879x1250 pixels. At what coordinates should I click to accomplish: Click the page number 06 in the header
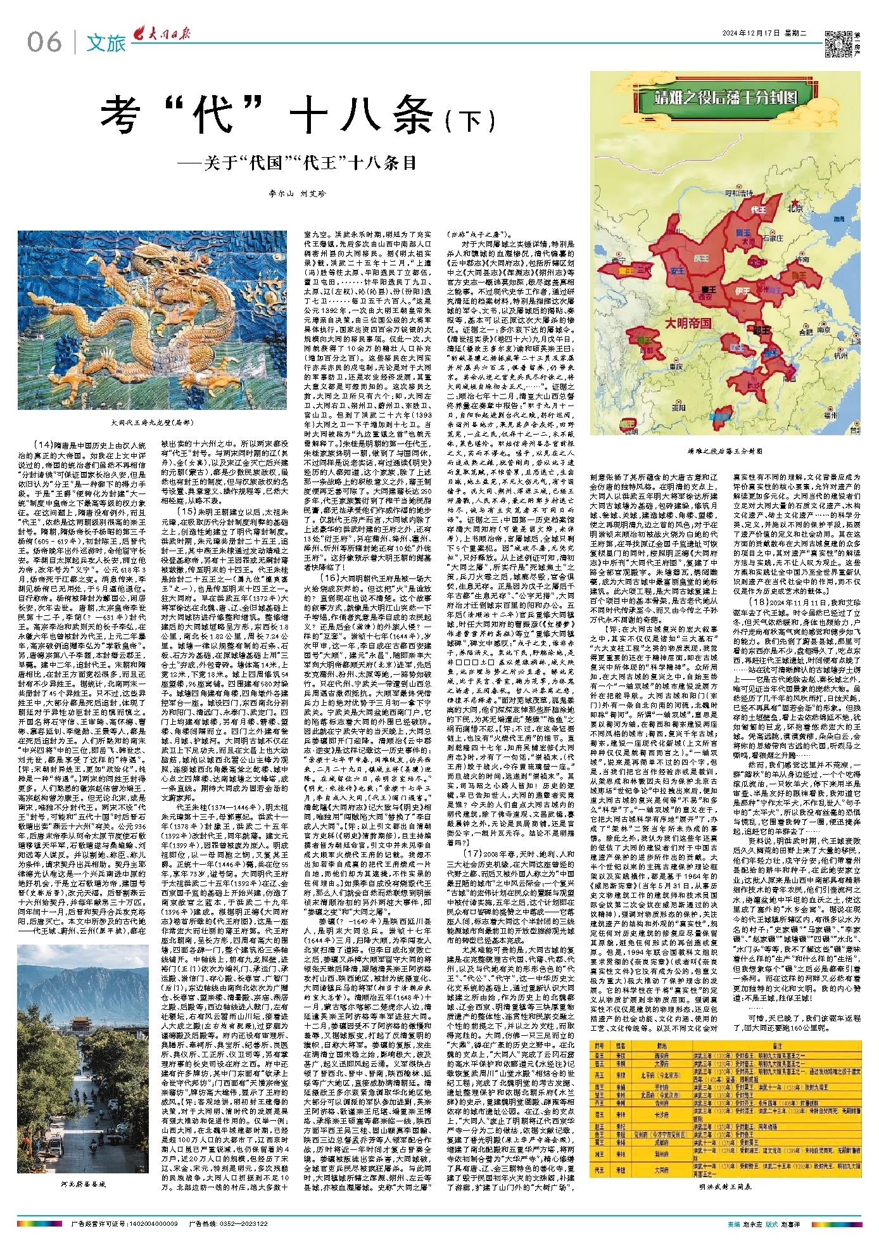[x=44, y=42]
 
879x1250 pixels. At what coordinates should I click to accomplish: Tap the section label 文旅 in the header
[x=106, y=42]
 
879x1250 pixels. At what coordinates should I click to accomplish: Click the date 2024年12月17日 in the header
[x=752, y=34]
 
